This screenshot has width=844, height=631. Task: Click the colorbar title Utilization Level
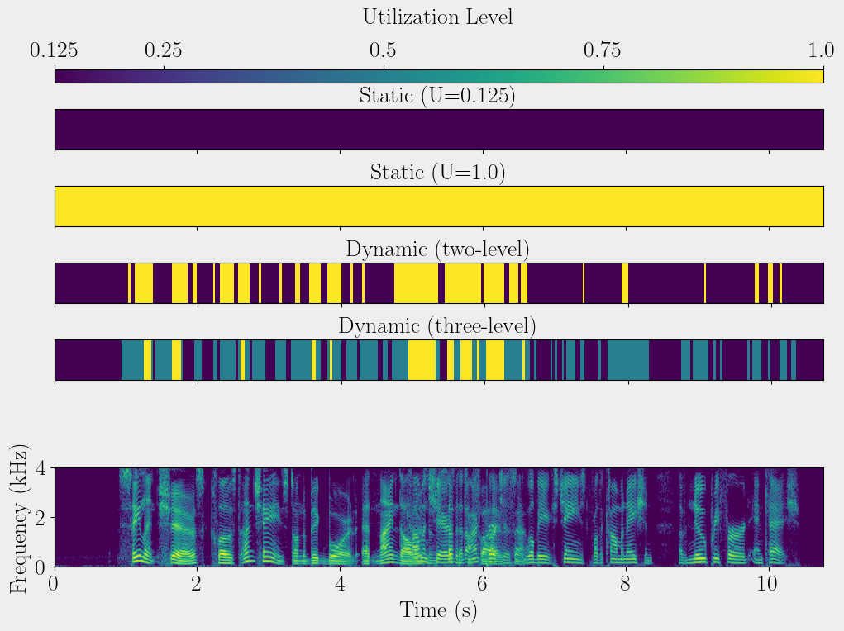pyautogui.click(x=437, y=17)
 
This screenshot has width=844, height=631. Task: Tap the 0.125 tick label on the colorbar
pyautogui.click(x=55, y=51)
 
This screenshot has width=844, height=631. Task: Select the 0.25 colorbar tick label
pyautogui.click(x=164, y=51)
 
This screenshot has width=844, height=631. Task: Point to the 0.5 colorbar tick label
pyautogui.click(x=383, y=51)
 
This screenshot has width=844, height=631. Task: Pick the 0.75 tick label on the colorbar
pyautogui.click(x=603, y=51)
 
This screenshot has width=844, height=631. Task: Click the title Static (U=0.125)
pyautogui.click(x=437, y=96)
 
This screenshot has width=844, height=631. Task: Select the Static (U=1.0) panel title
pyautogui.click(x=437, y=173)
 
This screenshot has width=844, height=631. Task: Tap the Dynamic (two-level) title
pyautogui.click(x=437, y=249)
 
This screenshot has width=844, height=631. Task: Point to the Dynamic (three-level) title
pyautogui.click(x=437, y=326)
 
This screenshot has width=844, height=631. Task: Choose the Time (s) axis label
pyautogui.click(x=439, y=610)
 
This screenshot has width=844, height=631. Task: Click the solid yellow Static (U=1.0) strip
pyautogui.click(x=439, y=206)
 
